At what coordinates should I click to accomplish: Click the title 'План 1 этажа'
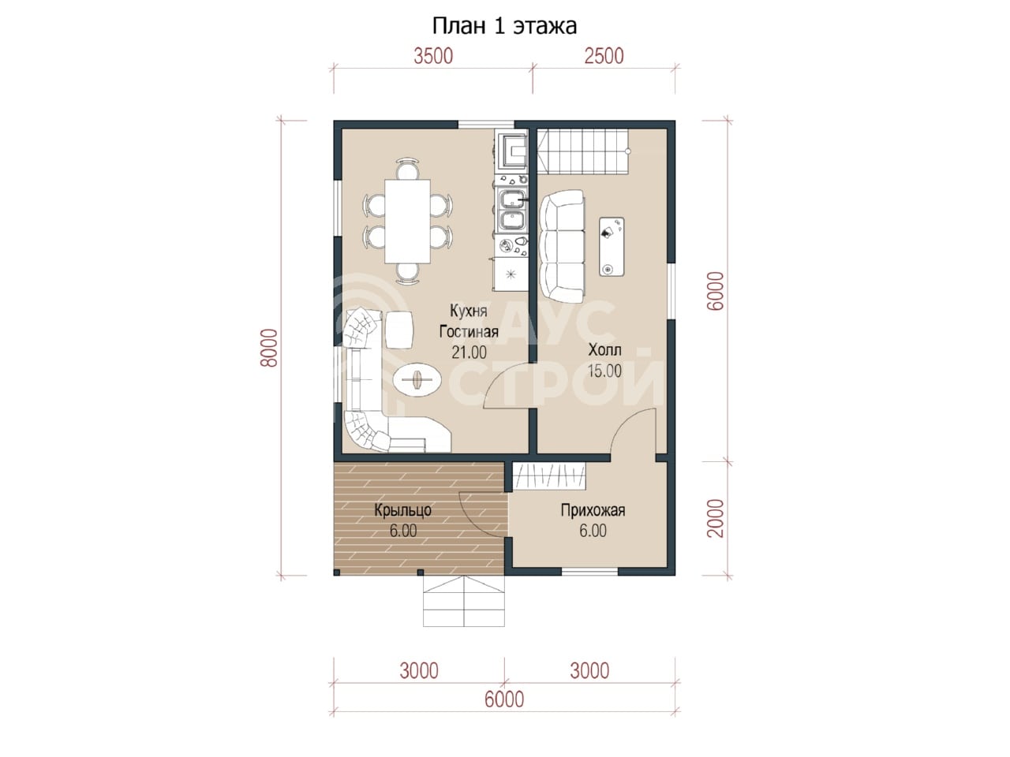pyautogui.click(x=504, y=26)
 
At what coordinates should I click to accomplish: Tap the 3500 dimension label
pyautogui.click(x=433, y=57)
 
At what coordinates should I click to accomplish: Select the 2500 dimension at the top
pyautogui.click(x=604, y=57)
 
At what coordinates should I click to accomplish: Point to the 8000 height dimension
pyautogui.click(x=270, y=348)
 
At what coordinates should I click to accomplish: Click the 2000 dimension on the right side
pyautogui.click(x=716, y=518)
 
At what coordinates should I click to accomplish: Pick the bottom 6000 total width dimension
pyautogui.click(x=504, y=700)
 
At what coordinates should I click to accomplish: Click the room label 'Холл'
pyautogui.click(x=604, y=350)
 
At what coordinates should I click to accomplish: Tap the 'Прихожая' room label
pyautogui.click(x=593, y=511)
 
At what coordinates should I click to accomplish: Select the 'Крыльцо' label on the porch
pyautogui.click(x=402, y=511)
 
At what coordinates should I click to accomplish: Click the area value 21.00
pyautogui.click(x=469, y=352)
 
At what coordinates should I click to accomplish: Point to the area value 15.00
pyautogui.click(x=604, y=371)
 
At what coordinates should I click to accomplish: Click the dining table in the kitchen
pyautogui.click(x=407, y=221)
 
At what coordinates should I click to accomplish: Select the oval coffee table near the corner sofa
pyautogui.click(x=417, y=379)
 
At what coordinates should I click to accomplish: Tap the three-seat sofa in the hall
pyautogui.click(x=563, y=246)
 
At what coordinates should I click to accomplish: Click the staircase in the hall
pyautogui.click(x=582, y=151)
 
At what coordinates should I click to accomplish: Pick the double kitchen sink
pyautogui.click(x=511, y=211)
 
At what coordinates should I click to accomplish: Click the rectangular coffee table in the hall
pyautogui.click(x=612, y=247)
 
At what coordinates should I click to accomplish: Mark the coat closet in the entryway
pyautogui.click(x=549, y=476)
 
